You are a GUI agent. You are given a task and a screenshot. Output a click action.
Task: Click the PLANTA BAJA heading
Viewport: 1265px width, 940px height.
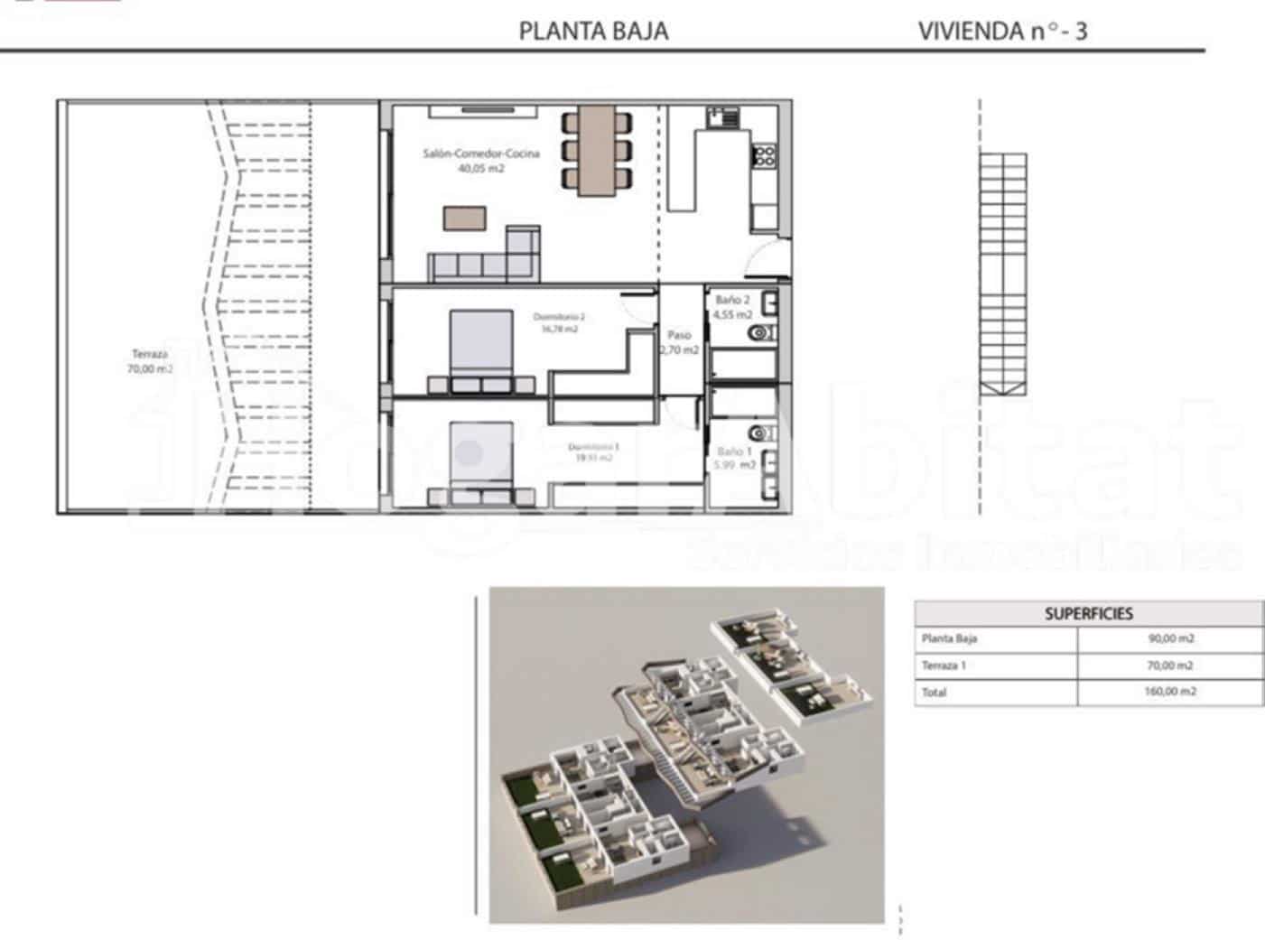pyautogui.click(x=593, y=31)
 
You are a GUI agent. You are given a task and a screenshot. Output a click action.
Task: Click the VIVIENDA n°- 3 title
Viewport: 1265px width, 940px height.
pyautogui.click(x=1002, y=31)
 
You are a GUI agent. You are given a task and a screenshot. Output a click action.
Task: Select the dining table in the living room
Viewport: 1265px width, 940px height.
pyautogui.click(x=595, y=149)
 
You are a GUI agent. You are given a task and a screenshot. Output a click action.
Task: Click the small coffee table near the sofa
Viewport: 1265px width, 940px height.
pyautogui.click(x=464, y=219)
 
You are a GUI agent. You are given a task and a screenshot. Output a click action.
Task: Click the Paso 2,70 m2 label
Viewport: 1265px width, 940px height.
pyautogui.click(x=679, y=342)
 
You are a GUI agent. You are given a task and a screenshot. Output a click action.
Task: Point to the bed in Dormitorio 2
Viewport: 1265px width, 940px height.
pyautogui.click(x=482, y=348)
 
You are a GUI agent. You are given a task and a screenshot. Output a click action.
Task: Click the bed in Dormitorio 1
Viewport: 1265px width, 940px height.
pyautogui.click(x=482, y=461)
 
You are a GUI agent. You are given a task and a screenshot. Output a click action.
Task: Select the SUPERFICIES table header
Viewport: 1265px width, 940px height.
pyautogui.click(x=1088, y=613)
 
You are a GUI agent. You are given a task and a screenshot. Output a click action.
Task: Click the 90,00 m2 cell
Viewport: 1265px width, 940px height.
pyautogui.click(x=1170, y=638)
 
